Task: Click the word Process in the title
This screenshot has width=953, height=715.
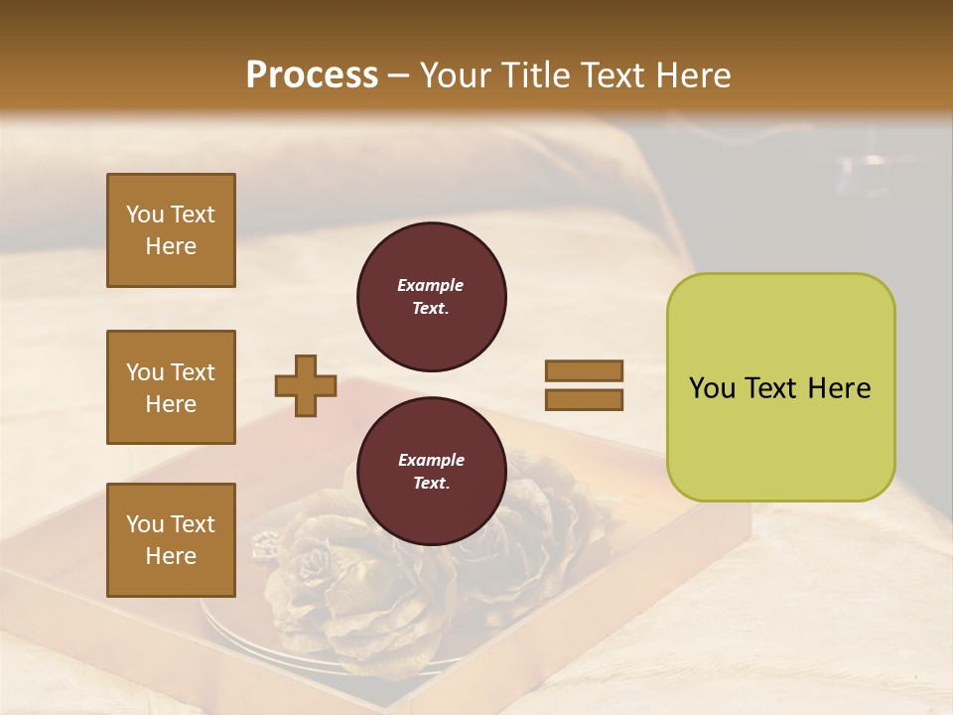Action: coord(312,75)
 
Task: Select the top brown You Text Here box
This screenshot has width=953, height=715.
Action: coord(171,230)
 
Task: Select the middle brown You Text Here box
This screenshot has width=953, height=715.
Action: coord(171,387)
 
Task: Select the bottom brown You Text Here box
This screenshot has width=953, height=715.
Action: coord(171,540)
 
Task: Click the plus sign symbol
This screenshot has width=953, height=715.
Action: coord(306,385)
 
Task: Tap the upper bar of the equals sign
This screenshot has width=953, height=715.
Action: coord(584,371)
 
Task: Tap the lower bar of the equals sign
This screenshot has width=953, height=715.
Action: coord(584,399)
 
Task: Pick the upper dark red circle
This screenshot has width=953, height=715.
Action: coord(431,297)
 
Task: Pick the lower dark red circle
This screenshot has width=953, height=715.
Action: coord(431,472)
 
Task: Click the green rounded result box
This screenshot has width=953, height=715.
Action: coord(780,387)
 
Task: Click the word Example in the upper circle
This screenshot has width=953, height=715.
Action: coord(430,285)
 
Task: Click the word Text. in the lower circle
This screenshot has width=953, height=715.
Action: coord(430,484)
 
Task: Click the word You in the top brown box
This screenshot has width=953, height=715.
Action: coord(145,214)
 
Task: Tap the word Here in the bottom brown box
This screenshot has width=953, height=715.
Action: coord(171,556)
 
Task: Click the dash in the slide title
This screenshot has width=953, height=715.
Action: coord(399,75)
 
